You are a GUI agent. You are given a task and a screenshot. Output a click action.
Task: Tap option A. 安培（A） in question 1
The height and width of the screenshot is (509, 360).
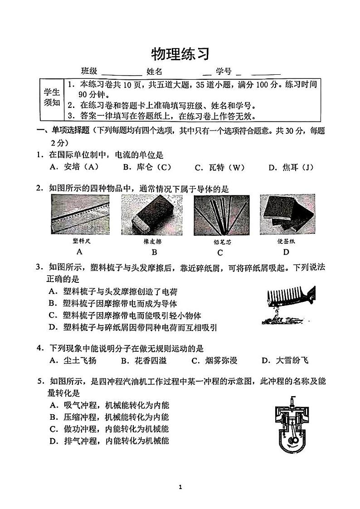tap(74, 167)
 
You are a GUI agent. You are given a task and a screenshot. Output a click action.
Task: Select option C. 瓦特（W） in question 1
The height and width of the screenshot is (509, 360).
tap(219, 168)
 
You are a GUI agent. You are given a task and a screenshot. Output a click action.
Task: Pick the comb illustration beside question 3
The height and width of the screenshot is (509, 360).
tap(288, 305)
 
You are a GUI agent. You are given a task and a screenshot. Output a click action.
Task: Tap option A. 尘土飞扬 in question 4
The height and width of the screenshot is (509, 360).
tap(73, 361)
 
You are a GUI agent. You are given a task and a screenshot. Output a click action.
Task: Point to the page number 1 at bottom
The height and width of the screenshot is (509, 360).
tap(180, 487)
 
